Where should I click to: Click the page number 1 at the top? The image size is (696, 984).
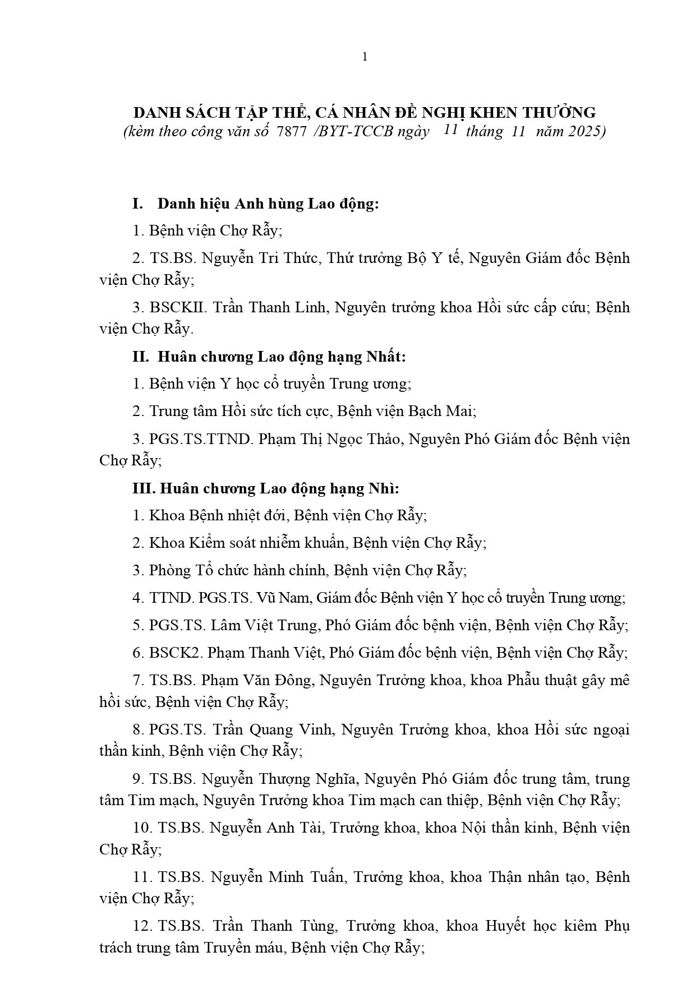(x=365, y=57)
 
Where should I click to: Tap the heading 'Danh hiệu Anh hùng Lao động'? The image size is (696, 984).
(x=268, y=204)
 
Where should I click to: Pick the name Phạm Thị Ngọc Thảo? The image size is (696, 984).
(x=329, y=438)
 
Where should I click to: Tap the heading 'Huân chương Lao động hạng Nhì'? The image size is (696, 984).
(x=279, y=488)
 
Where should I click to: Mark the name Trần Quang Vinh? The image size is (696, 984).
(x=273, y=729)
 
